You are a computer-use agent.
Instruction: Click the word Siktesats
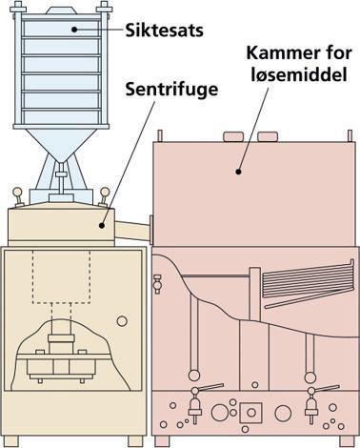coord(164,31)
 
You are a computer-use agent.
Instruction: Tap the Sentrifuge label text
coord(171,90)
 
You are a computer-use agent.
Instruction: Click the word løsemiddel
coord(299,75)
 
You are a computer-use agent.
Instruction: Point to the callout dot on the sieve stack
coord(74,30)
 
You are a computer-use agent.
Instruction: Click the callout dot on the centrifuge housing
coord(102,226)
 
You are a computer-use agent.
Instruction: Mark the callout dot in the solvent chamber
coord(238,172)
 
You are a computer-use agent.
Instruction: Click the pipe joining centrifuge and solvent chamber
coord(131,230)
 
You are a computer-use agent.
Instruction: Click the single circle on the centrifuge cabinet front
coord(122,321)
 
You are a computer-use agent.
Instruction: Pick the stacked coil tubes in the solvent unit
coord(309,284)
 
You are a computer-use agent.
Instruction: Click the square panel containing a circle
coord(251,413)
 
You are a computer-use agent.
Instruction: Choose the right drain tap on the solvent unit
coord(312,403)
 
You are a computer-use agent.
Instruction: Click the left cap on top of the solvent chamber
coord(233,136)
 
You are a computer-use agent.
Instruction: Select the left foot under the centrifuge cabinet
coord(11,441)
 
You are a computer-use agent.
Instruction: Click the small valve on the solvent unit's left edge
coord(157,284)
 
